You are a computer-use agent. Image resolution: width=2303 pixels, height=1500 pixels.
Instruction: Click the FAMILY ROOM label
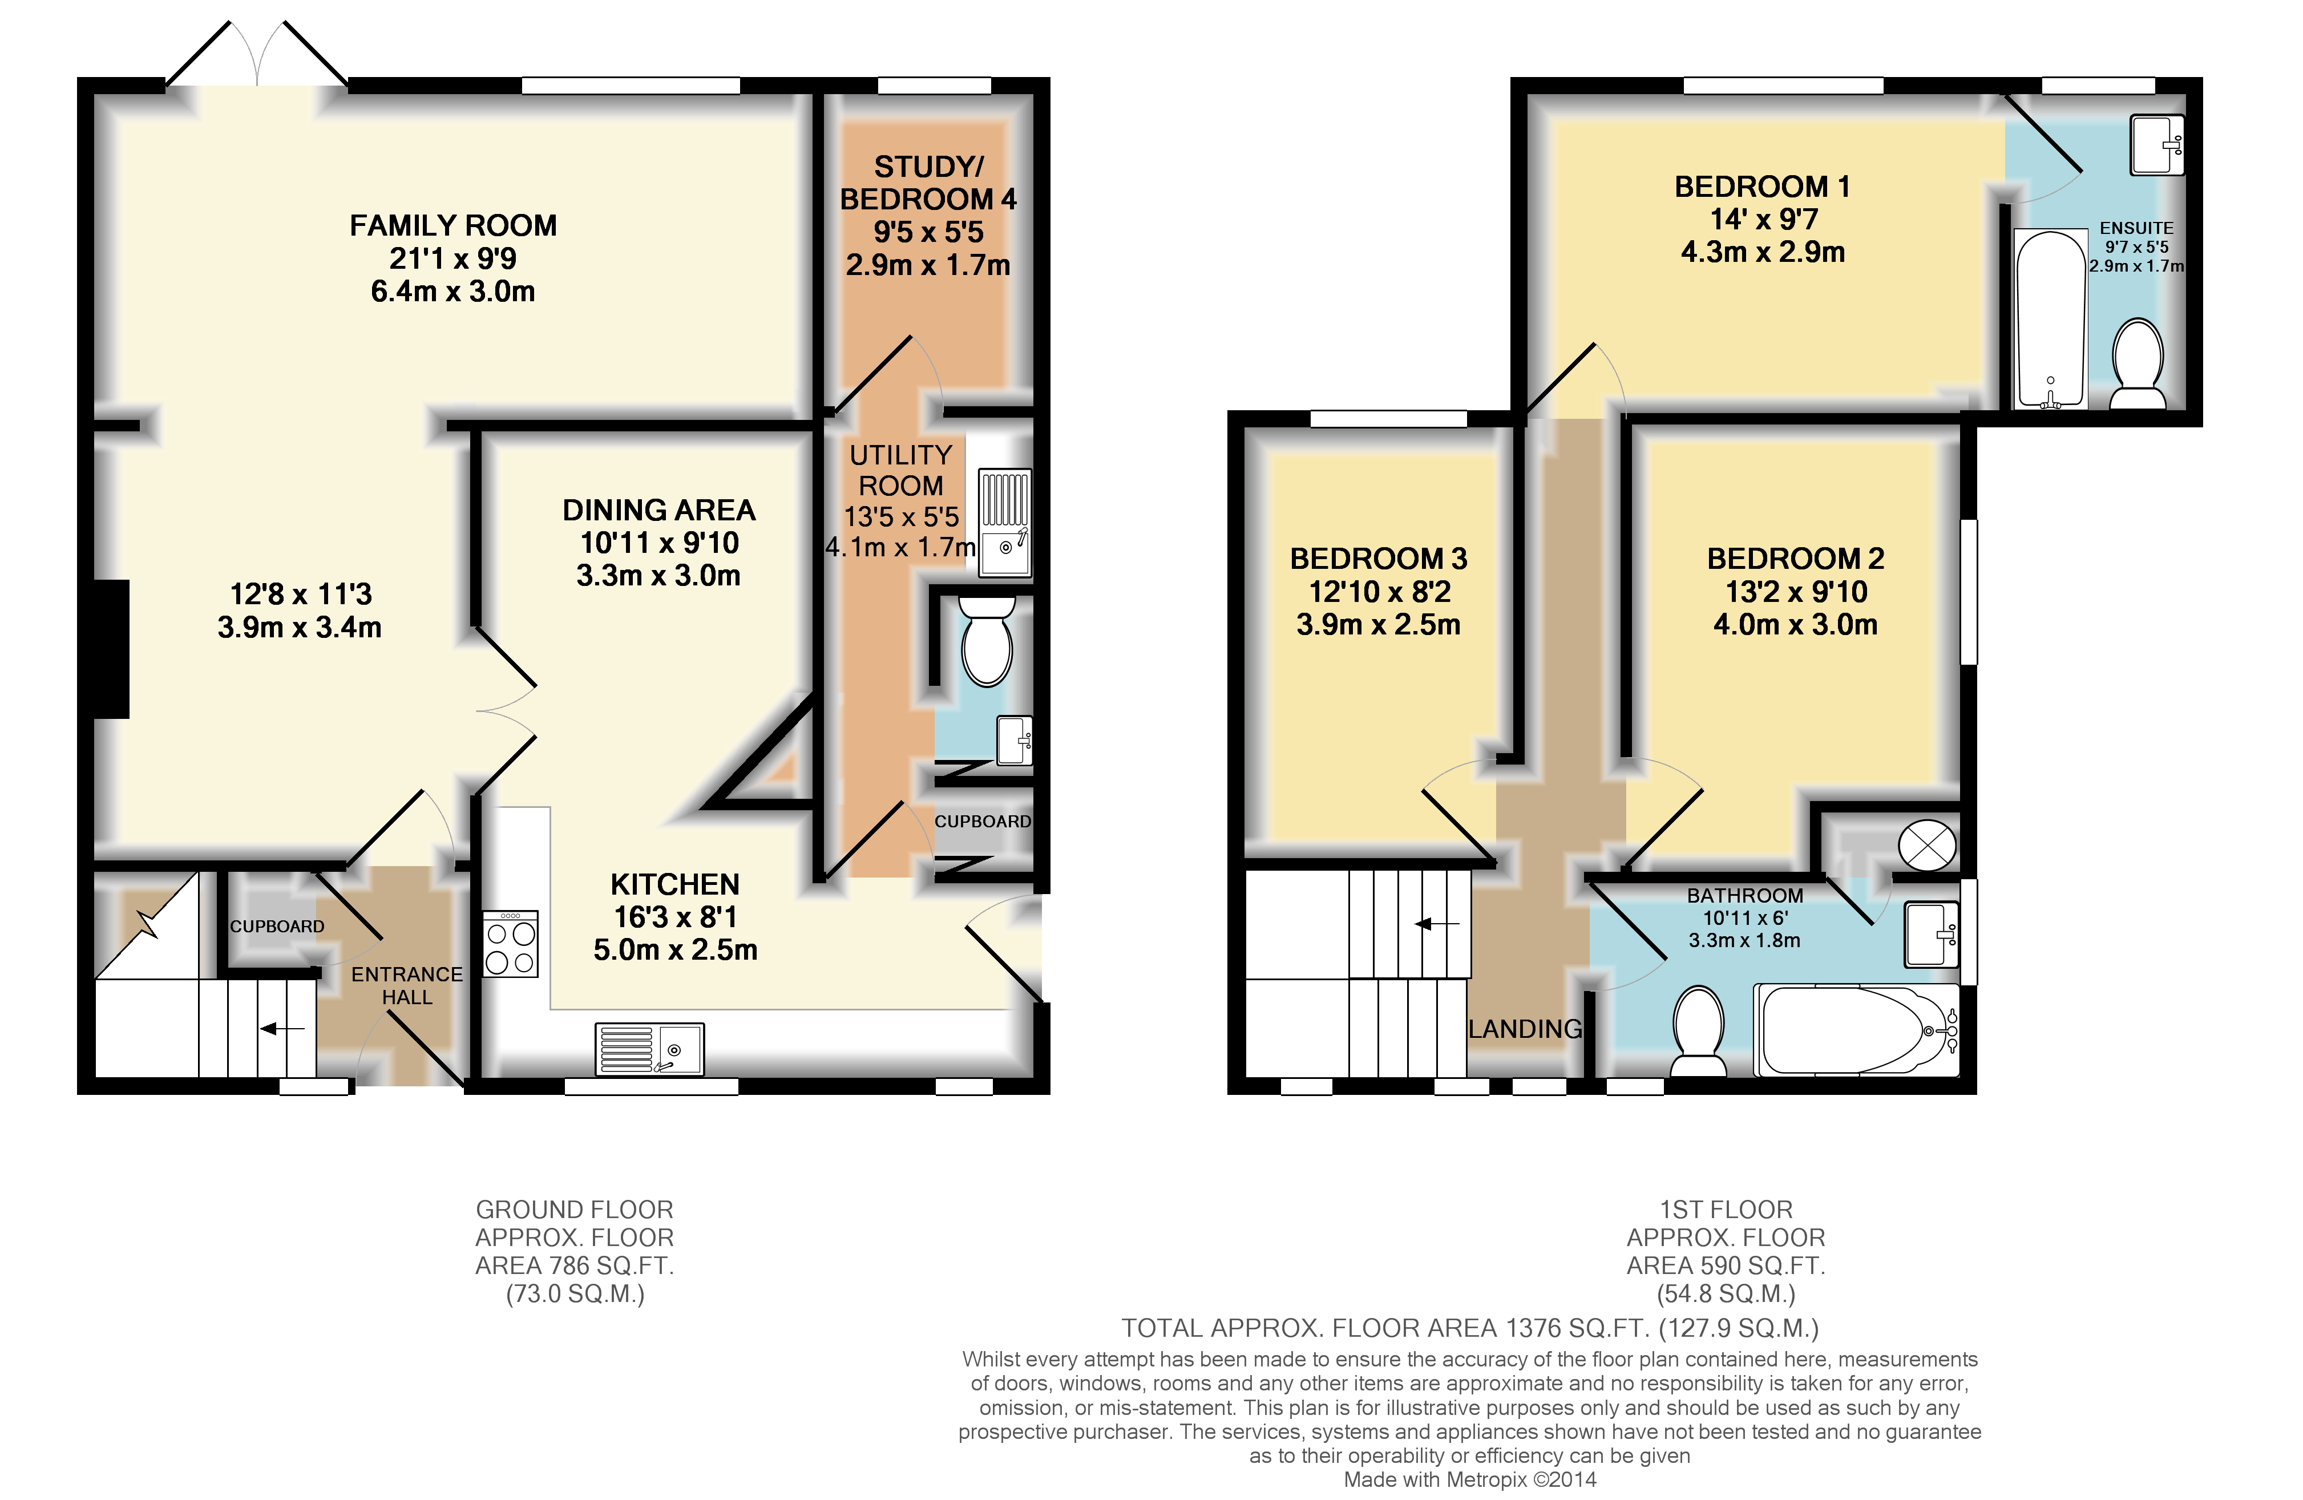click(x=453, y=225)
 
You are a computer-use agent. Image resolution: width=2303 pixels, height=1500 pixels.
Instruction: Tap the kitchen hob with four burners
click(x=510, y=944)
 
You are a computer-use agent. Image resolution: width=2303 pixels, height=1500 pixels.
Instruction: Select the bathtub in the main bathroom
click(x=1853, y=1030)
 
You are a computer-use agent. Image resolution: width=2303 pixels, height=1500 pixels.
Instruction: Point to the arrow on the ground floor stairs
click(x=281, y=1028)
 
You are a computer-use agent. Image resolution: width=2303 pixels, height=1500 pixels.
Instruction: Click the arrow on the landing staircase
click(x=1436, y=924)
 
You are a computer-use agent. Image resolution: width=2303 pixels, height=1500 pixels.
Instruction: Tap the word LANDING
click(x=1525, y=1029)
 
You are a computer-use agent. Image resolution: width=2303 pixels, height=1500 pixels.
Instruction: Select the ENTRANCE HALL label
click(x=406, y=985)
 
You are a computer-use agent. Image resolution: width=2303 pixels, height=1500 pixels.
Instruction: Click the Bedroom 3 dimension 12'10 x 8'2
click(x=1379, y=591)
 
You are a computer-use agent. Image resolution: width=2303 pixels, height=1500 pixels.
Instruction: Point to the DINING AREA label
click(x=659, y=510)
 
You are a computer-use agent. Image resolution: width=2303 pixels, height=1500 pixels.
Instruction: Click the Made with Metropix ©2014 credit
click(x=1469, y=1479)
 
